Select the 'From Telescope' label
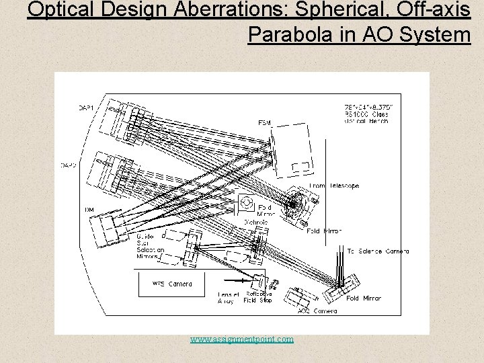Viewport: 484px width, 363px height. (334, 186)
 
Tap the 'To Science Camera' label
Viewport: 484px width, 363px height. (378, 251)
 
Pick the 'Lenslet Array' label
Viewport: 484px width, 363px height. (227, 298)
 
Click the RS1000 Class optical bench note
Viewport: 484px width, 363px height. (366, 115)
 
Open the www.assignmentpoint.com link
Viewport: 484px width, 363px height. (242, 339)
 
